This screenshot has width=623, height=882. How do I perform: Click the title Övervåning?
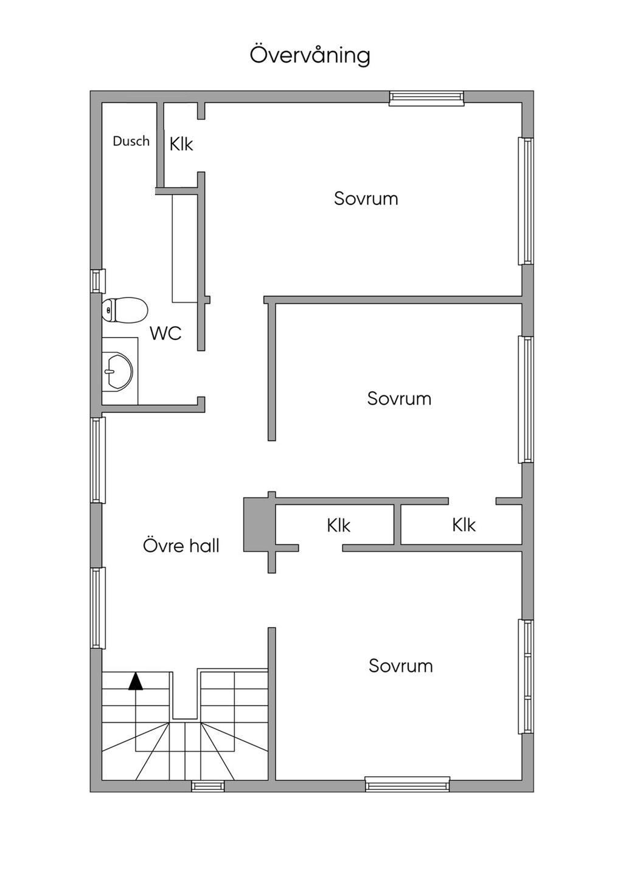point(310,55)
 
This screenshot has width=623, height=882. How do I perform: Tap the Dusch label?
point(131,141)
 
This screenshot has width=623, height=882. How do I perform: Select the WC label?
point(165,333)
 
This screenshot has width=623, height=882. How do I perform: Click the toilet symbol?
point(125,310)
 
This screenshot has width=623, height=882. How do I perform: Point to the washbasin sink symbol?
point(118,372)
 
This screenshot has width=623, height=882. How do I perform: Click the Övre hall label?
point(181,546)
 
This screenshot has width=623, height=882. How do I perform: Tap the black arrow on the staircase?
point(136,681)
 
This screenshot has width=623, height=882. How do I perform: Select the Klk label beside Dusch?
point(181,144)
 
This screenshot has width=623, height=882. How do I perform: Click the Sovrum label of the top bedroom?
point(366,198)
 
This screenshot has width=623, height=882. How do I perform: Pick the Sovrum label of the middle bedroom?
point(399,398)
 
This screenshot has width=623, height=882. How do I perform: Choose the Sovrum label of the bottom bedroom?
point(400,666)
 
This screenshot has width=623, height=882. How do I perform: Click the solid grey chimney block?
point(256,524)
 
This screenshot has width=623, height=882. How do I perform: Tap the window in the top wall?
point(426,98)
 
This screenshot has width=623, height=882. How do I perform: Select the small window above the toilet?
point(98,281)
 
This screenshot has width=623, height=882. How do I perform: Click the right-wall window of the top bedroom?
point(526,201)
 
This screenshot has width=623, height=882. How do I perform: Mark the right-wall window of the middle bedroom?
point(526,400)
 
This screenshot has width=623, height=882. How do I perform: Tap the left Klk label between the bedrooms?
point(338,526)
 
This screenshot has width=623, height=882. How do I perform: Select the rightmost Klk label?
point(464,525)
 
